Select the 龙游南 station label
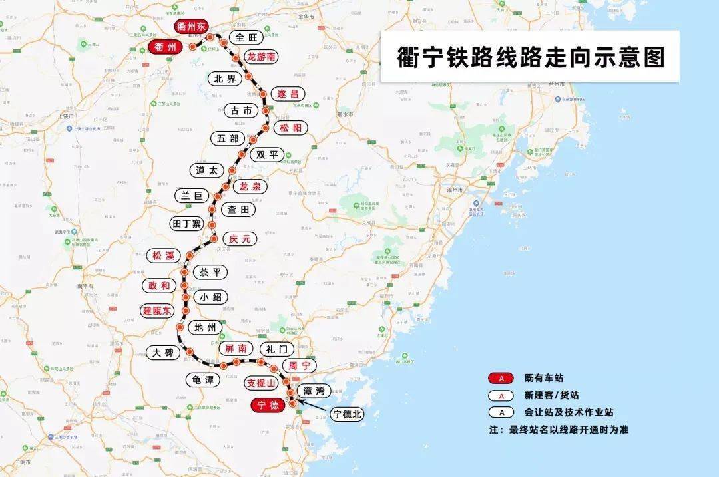coord(261,57)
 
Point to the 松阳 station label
coord(290,128)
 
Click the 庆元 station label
coord(239,238)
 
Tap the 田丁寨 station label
coord(186,223)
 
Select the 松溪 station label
coord(163,255)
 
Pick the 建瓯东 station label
coord(157,311)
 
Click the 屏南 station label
coord(235,348)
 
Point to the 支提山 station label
coord(261,383)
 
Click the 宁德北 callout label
coord(348,414)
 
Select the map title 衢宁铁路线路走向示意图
coord(530,57)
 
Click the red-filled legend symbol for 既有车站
coord(502,379)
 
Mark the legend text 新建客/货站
coord(551,395)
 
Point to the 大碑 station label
coord(163,353)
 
